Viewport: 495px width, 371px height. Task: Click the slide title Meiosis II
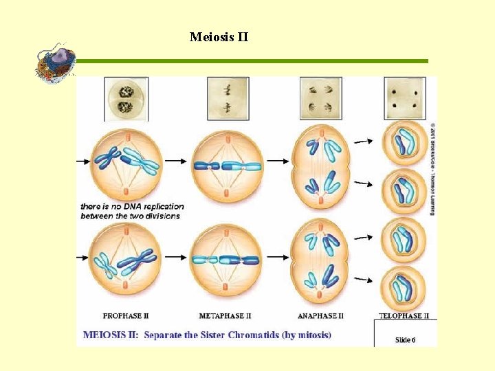(x=219, y=36)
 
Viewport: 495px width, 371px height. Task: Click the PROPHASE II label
(x=126, y=316)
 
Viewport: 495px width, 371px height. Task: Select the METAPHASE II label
(x=225, y=316)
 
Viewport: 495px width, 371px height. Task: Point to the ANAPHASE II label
(x=320, y=316)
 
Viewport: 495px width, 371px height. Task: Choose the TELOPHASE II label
(x=404, y=316)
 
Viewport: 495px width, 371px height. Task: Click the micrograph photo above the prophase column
(x=126, y=99)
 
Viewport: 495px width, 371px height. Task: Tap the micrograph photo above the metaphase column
(x=228, y=99)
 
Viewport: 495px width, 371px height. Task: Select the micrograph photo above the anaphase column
(x=320, y=99)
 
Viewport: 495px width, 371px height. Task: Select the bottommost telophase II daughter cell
(x=404, y=287)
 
